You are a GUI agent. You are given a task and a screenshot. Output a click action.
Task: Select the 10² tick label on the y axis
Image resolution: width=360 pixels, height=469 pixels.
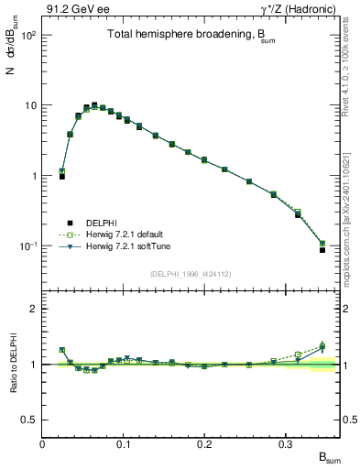pyautogui.click(x=28, y=35)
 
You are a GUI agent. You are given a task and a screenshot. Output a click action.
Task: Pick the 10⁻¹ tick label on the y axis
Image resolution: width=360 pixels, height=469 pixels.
pyautogui.click(x=27, y=246)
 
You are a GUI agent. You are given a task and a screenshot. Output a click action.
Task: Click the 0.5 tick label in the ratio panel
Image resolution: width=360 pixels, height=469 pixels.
pyautogui.click(x=29, y=420)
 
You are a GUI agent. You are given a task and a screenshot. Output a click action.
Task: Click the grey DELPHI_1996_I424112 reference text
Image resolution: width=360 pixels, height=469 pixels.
pyautogui.click(x=191, y=273)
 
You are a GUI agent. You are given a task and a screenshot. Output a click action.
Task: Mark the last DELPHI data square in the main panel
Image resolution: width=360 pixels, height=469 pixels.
pyautogui.click(x=322, y=249)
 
